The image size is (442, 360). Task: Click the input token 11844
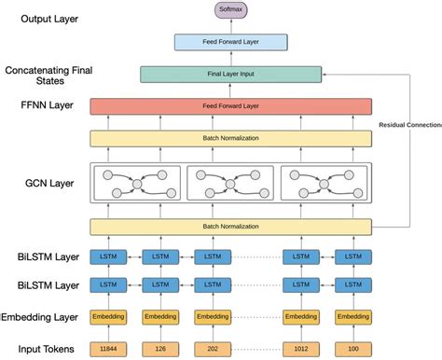click(107, 349)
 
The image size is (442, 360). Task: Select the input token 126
click(160, 349)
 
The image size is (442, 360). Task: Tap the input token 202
click(212, 349)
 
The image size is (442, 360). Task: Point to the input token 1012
click(301, 349)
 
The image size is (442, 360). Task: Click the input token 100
click(352, 349)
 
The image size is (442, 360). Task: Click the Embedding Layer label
click(42, 318)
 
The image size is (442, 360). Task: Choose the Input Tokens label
click(42, 349)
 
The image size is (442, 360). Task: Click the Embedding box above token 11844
click(107, 318)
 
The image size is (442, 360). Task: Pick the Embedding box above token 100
click(352, 318)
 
